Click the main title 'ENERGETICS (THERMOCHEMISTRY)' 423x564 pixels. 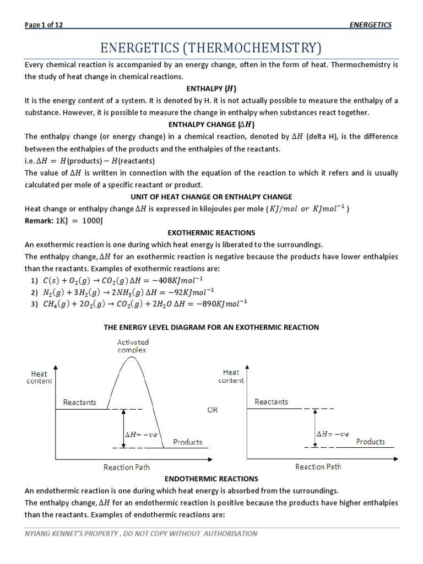[x=211, y=47]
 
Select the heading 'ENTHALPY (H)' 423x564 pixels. [x=211, y=89]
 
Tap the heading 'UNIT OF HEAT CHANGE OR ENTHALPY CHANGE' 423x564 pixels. [x=211, y=197]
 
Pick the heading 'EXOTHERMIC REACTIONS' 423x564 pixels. [x=211, y=233]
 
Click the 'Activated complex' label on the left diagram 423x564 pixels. [x=132, y=346]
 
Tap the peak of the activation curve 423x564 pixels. [x=131, y=358]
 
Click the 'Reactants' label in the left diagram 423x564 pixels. [x=79, y=402]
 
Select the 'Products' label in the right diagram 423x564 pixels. [x=370, y=441]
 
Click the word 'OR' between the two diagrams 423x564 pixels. [x=213, y=410]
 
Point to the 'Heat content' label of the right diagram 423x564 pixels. [x=231, y=376]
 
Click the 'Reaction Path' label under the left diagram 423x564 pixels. [x=127, y=467]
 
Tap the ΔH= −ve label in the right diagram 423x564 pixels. [x=332, y=433]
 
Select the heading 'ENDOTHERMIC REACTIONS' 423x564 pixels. [x=211, y=479]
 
